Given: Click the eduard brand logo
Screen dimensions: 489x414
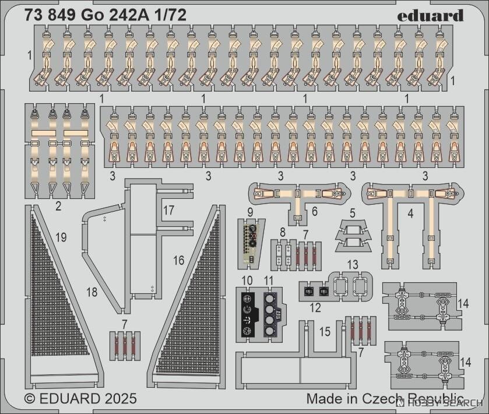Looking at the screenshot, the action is coord(430,16).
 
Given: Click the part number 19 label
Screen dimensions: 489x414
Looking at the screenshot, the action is coord(61,237).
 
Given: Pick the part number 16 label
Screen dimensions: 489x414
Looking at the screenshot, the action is coord(179,260).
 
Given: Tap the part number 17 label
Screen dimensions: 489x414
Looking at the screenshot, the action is coord(168,210).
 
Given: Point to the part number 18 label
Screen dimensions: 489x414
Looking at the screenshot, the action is coord(92,292).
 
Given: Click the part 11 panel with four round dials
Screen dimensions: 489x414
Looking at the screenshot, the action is coord(273,315).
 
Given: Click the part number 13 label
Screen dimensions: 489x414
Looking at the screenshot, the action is coord(353,265).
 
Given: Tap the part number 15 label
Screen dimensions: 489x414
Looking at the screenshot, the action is coord(325,332).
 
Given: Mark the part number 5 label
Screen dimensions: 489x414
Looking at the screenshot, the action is coord(353,213).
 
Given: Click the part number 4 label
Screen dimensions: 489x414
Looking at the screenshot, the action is coord(410,214).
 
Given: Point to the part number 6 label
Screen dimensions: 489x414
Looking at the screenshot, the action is coord(314,211).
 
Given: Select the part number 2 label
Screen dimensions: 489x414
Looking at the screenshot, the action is coord(58,206).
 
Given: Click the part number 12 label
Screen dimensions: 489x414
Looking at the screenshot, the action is coord(315,308).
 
